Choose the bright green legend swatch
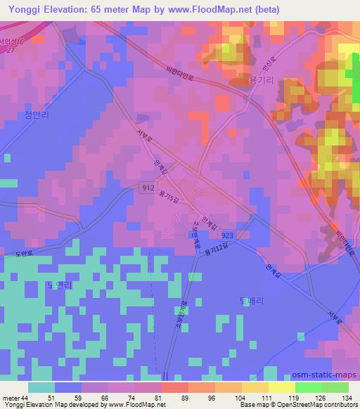point(309,387)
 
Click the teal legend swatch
point(41,387)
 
